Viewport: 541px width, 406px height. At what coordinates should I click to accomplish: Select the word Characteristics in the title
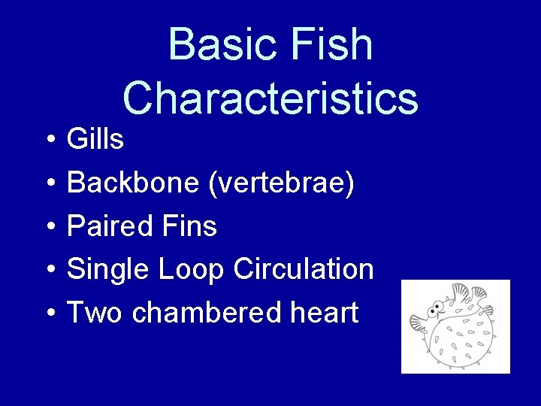point(270,98)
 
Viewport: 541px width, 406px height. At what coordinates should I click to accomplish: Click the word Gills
point(95,139)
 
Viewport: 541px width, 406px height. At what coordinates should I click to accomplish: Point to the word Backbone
point(133,183)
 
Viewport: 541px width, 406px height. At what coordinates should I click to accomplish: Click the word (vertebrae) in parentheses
point(281,183)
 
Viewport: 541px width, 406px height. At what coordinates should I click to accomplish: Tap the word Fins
point(192,226)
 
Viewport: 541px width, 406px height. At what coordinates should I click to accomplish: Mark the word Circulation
point(304,269)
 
